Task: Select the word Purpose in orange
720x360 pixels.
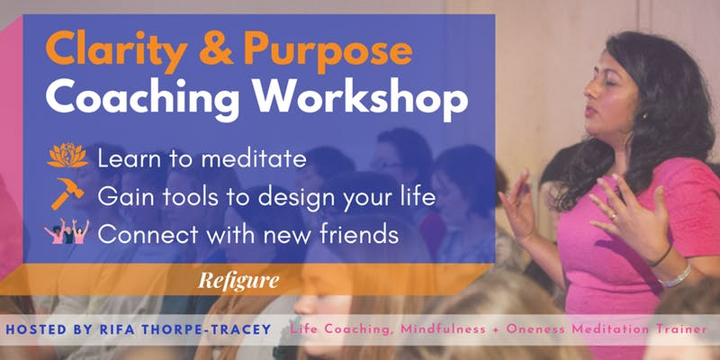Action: [x=328, y=51]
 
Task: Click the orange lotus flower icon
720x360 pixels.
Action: [x=67, y=155]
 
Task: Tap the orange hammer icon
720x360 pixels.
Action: [x=67, y=193]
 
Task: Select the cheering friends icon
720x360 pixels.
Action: [x=67, y=231]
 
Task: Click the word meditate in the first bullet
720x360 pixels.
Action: [x=254, y=159]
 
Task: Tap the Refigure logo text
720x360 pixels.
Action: [x=238, y=280]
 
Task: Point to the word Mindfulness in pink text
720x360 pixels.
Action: [x=443, y=329]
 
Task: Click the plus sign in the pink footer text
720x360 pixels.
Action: [x=496, y=329]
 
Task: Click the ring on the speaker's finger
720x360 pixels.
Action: [x=613, y=217]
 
